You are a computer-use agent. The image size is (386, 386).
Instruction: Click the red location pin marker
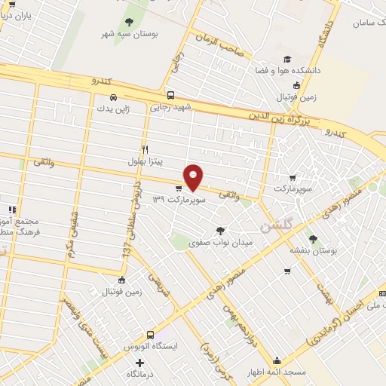(x=194, y=176)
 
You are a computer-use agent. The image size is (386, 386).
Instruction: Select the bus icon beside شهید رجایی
(x=171, y=96)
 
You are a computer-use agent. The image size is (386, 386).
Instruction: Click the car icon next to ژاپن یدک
(x=112, y=97)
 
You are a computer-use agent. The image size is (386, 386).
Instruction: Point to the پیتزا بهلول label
(x=145, y=161)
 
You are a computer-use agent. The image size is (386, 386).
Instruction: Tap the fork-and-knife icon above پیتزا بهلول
(x=145, y=149)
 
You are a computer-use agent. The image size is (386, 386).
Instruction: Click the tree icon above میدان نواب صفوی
(x=220, y=231)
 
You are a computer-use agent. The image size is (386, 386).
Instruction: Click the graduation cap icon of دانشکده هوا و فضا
(x=286, y=60)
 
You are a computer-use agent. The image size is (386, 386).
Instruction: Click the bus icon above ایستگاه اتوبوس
(x=151, y=335)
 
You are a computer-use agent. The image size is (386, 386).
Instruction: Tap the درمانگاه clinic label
(x=140, y=373)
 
